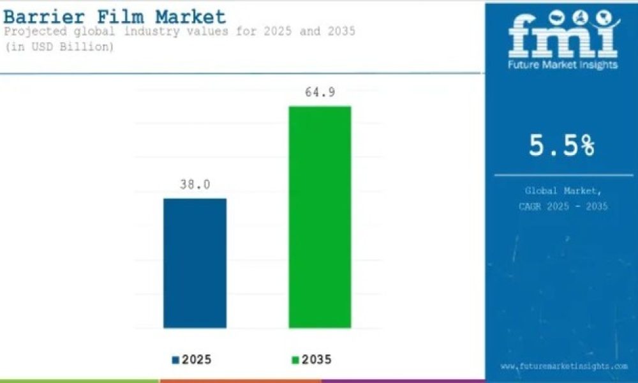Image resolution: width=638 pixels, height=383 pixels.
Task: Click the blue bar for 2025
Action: [x=195, y=263]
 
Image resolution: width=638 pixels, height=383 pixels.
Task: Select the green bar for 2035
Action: [x=320, y=217]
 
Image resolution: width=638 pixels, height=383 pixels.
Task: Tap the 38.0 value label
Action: [x=195, y=184]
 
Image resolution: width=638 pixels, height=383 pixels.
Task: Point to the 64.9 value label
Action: [x=320, y=93]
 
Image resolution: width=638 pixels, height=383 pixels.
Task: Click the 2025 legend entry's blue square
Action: [x=176, y=360]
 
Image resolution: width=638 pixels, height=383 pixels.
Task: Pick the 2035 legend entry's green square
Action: [x=295, y=360]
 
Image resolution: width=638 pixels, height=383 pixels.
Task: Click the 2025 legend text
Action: [x=197, y=360]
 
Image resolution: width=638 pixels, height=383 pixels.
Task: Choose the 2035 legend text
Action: [x=316, y=360]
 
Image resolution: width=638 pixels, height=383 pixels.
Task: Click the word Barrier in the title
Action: [x=44, y=17]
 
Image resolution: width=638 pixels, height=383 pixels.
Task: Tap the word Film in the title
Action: [x=121, y=17]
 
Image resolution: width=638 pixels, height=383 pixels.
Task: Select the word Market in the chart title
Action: [x=190, y=17]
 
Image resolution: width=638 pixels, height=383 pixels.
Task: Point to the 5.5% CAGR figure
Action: [x=561, y=146]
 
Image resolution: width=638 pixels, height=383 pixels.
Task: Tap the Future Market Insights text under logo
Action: [x=563, y=64]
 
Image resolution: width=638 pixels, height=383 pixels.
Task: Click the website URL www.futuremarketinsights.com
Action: [x=564, y=366]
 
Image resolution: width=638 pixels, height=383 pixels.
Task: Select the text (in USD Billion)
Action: [x=59, y=47]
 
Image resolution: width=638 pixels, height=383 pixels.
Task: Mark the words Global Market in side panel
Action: [x=563, y=190]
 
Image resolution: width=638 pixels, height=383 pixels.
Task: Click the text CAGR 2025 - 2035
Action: [x=563, y=206]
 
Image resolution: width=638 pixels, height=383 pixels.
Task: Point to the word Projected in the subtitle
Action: [x=35, y=31]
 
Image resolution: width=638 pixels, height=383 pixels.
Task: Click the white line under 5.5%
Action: [x=564, y=176]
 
